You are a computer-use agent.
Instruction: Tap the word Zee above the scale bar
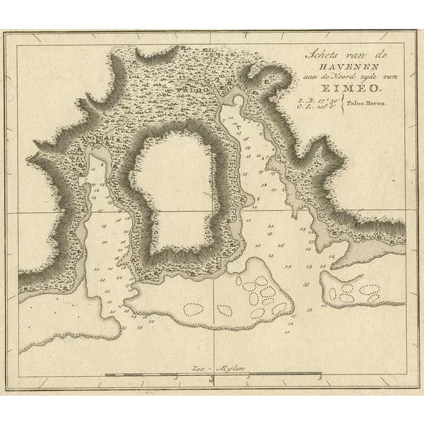200,367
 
